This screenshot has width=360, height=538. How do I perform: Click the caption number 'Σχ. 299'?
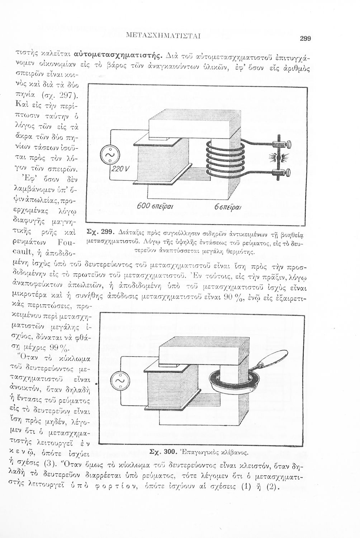tap(101, 231)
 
